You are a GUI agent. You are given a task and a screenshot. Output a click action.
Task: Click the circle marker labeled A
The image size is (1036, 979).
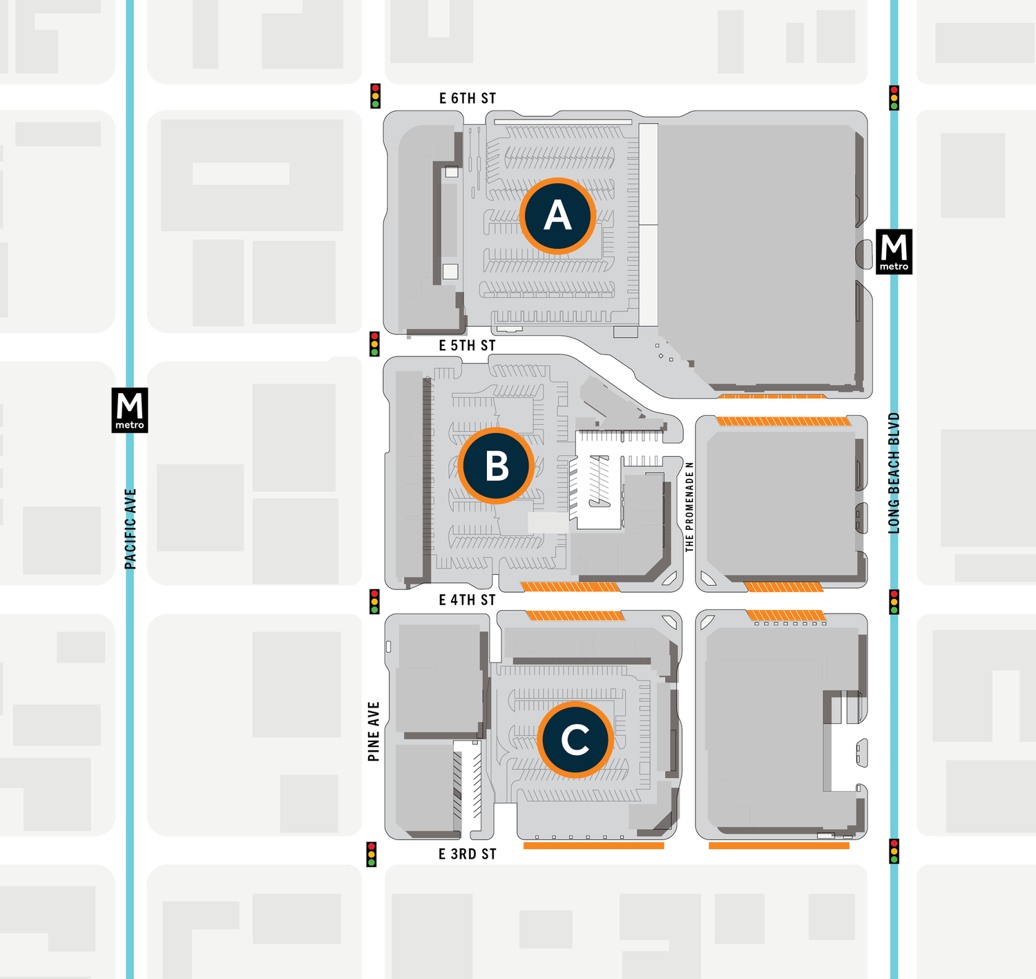pos(557,216)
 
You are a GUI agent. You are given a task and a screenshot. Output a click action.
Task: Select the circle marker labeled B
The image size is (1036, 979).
pos(496,466)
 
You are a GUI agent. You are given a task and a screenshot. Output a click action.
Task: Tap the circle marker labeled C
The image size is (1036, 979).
pos(575,740)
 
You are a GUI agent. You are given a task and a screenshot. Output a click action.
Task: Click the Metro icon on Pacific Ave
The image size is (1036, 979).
pos(130,410)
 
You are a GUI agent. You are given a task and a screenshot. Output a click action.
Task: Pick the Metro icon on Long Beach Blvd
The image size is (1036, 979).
pos(894,251)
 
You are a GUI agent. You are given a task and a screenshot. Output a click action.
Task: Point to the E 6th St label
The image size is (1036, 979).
pos(468,98)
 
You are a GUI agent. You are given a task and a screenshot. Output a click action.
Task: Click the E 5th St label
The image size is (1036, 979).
pos(468,345)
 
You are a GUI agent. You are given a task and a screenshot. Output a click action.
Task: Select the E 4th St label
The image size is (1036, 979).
pos(468,600)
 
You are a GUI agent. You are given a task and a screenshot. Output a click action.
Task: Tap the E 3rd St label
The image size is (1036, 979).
pos(468,854)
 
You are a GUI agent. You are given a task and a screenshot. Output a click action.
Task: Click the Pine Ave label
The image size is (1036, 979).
pos(374,732)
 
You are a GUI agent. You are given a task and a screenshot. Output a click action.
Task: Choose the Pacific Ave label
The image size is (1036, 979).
pos(131,529)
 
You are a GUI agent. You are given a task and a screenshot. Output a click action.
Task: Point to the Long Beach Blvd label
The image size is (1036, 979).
pos(894,473)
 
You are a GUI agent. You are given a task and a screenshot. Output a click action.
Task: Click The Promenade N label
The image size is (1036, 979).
pos(689,506)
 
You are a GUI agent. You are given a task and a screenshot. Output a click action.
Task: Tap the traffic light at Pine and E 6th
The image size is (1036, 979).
pos(376,96)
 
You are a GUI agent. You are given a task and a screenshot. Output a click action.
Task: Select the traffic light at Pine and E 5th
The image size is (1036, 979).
pos(375,343)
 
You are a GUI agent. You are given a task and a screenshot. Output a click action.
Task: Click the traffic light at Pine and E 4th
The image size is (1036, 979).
pos(375,601)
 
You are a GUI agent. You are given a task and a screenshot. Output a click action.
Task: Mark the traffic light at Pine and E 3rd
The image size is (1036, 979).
pos(372,854)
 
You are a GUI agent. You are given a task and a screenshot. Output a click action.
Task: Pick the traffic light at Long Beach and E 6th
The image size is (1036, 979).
pos(894,97)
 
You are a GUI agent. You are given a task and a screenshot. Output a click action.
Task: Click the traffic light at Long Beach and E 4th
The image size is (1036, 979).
pos(894,602)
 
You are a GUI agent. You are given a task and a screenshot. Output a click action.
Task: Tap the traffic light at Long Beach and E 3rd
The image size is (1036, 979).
pos(894,851)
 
